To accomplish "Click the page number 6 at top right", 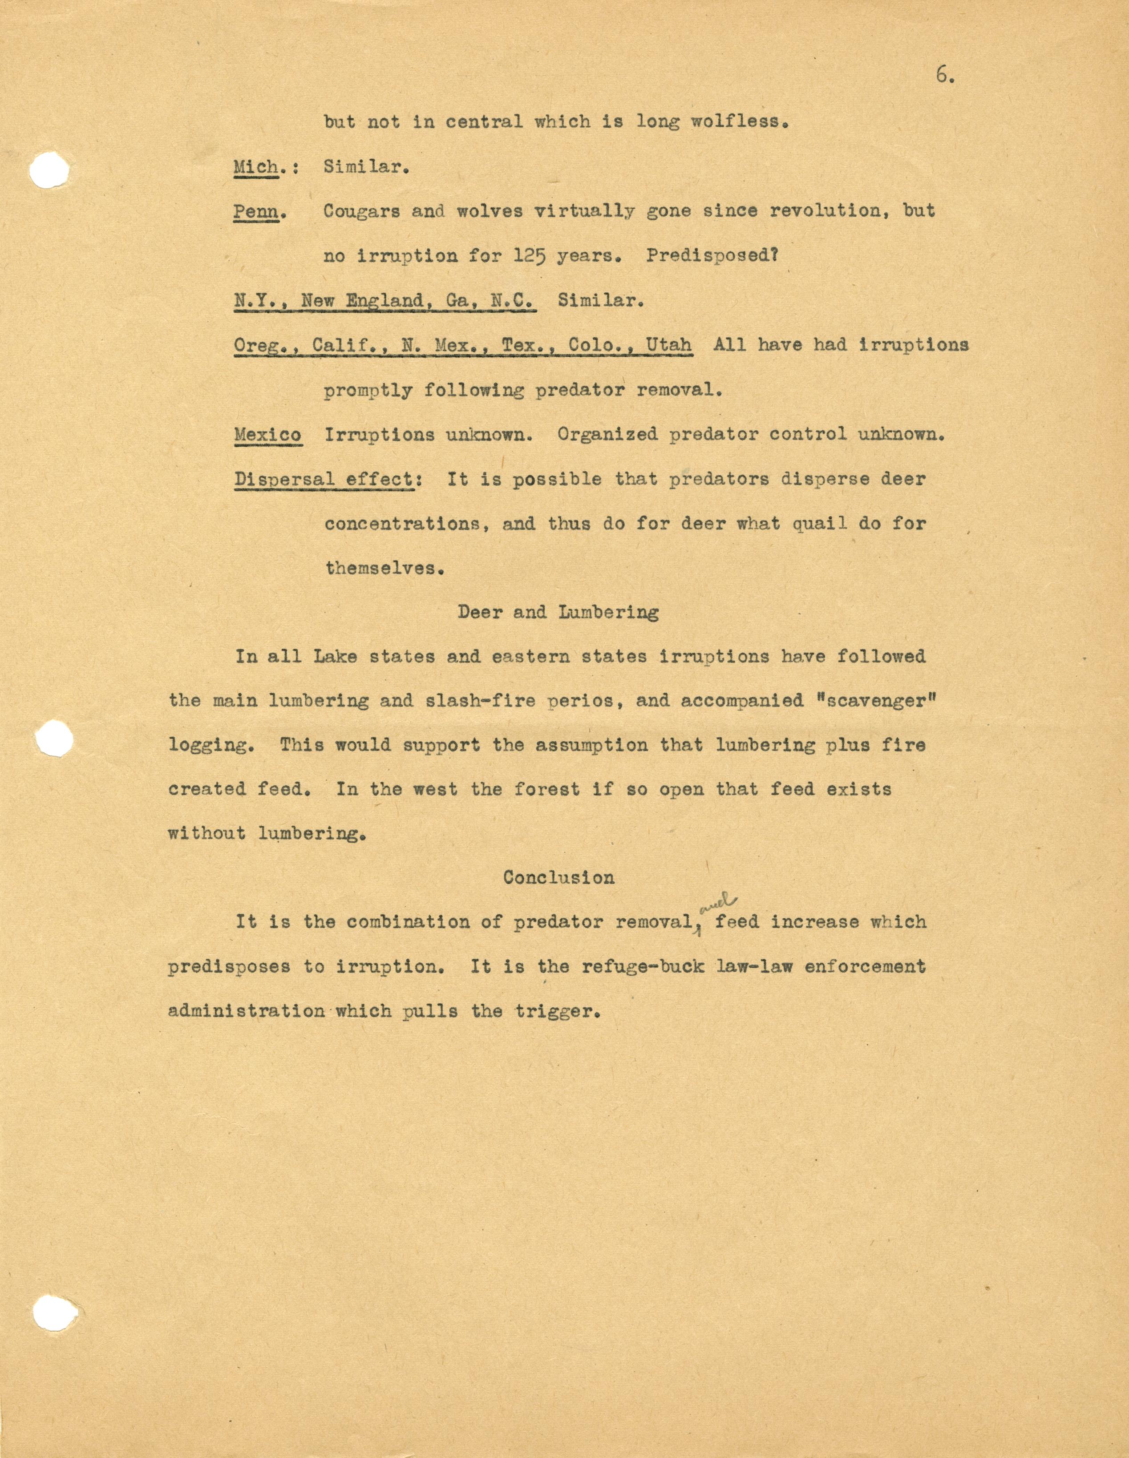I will [943, 76].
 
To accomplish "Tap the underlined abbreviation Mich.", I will [256, 166].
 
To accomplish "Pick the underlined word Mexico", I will [267, 435].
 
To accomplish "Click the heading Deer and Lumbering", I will [558, 612].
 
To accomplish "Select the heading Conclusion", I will [559, 877].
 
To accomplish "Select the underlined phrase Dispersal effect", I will [324, 479].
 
